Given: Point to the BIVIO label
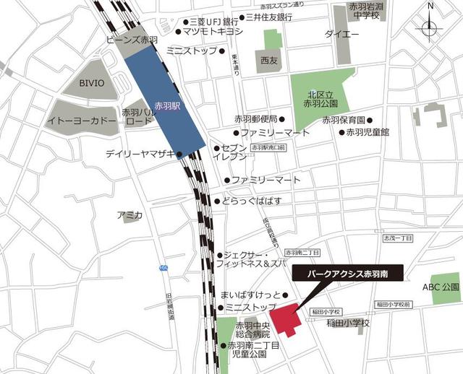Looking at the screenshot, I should [x=91, y=84].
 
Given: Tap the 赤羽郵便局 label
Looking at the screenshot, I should [x=255, y=119].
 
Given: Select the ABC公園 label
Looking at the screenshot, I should [x=441, y=287].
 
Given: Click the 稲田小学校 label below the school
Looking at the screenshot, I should [x=347, y=323].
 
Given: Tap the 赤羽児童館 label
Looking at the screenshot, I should [x=368, y=132].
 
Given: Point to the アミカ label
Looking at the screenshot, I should [x=130, y=215].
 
